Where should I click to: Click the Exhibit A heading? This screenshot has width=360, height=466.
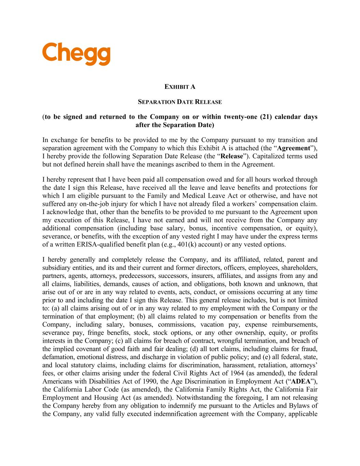[x=180, y=87]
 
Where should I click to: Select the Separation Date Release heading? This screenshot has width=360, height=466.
[x=180, y=102]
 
